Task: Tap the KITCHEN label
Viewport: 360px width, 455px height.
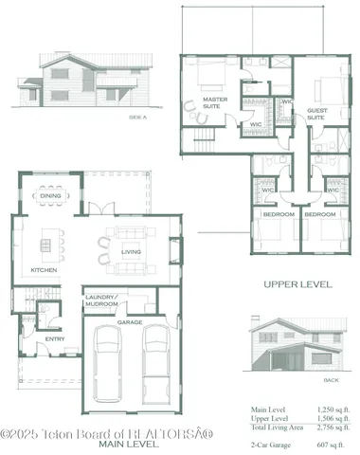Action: tap(43, 270)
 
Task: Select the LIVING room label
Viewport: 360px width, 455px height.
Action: tap(131, 252)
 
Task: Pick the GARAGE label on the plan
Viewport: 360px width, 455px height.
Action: tap(130, 322)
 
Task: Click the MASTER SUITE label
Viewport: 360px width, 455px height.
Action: tap(215, 103)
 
